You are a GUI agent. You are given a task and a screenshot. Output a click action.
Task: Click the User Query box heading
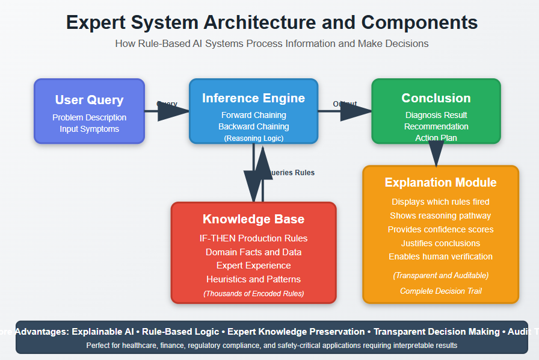[89, 100]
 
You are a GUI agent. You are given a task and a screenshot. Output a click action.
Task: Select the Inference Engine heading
[253, 98]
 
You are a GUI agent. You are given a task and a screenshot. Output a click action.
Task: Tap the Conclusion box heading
[436, 98]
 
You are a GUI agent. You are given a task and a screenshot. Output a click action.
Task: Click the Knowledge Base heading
[253, 219]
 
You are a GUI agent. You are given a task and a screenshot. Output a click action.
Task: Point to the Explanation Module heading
[440, 182]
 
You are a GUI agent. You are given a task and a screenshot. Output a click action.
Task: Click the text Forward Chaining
[253, 115]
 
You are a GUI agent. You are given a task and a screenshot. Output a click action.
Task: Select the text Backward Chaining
[253, 126]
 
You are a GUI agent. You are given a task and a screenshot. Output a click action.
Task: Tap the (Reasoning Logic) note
[253, 138]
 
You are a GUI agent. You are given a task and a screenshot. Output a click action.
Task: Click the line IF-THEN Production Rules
[253, 238]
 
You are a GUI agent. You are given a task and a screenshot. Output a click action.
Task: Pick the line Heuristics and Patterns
[253, 279]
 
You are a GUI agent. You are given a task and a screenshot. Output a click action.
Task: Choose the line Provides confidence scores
[440, 229]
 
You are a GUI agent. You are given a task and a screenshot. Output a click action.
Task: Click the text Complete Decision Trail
[440, 291]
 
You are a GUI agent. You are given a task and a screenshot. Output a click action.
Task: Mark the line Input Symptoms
[89, 129]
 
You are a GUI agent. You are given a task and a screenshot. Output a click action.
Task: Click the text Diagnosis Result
[436, 115]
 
